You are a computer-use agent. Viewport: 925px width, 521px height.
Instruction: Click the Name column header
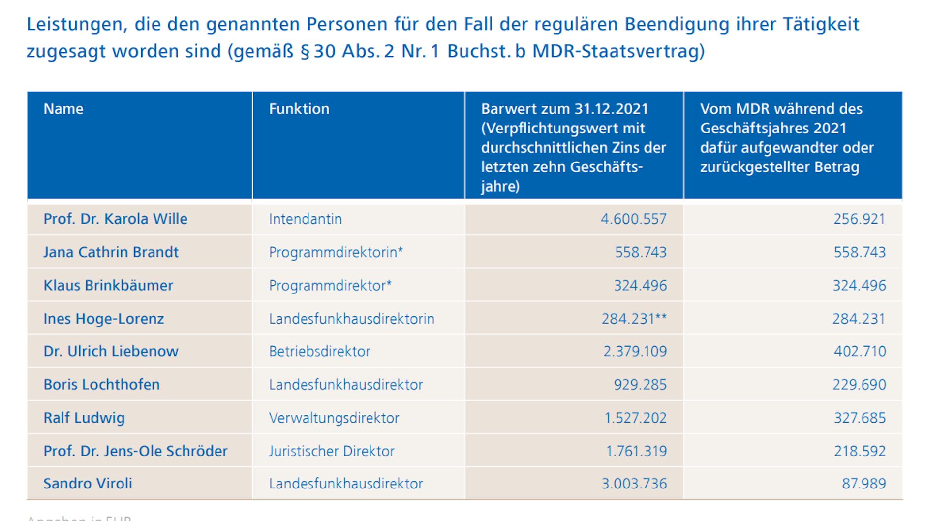click(x=63, y=109)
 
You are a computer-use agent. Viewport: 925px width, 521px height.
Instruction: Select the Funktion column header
click(x=299, y=109)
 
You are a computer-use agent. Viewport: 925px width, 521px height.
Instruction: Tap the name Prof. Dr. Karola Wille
click(x=115, y=219)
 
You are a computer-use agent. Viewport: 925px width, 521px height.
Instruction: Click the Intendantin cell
click(x=305, y=219)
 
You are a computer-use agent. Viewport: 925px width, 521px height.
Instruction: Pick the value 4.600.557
click(x=633, y=219)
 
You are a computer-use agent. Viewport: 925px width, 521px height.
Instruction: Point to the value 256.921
click(x=859, y=219)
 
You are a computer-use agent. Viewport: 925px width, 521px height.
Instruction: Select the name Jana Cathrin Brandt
click(x=111, y=252)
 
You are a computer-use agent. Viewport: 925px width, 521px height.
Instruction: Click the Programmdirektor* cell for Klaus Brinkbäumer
click(x=330, y=285)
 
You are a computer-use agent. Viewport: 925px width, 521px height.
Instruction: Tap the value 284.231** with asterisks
click(x=634, y=319)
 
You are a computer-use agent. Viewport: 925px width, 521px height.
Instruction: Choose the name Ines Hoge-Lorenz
click(x=103, y=319)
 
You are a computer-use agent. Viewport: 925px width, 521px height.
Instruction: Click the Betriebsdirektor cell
click(x=319, y=351)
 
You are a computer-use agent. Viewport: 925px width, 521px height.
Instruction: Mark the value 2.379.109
click(x=635, y=351)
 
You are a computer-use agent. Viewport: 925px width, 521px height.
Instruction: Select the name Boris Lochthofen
click(x=101, y=384)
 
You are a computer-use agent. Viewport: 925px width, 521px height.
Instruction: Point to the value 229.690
click(x=859, y=384)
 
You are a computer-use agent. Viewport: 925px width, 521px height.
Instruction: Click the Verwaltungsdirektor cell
click(x=334, y=418)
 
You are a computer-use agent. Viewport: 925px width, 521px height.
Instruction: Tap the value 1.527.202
click(x=635, y=418)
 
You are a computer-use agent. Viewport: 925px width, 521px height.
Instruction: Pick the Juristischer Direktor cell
click(x=332, y=451)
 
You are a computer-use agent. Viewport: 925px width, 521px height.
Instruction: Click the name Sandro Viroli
click(x=88, y=483)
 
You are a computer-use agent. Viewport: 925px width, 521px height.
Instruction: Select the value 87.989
click(x=863, y=483)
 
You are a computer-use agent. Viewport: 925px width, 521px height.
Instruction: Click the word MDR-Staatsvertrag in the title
click(x=618, y=51)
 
